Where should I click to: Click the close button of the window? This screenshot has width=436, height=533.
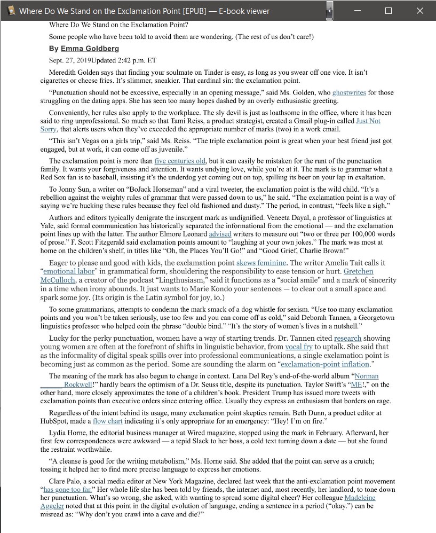pos(419,11)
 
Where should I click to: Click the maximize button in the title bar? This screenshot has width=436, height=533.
pos(389,11)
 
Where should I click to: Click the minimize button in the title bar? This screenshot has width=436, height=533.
pos(358,11)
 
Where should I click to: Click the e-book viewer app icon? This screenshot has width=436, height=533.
pos(10,11)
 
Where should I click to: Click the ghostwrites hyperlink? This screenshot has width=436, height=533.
pos(349,92)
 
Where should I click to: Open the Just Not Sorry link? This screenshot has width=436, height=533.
pos(368,121)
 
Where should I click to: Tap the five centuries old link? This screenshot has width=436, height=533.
pos(180,161)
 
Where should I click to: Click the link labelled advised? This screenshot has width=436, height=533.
pos(220,234)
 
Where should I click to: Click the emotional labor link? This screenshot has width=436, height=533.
pos(68,271)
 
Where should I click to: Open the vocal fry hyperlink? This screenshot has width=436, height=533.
pos(299,347)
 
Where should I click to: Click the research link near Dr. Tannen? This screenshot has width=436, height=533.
pos(347,338)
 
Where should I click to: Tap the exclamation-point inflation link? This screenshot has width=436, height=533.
pos(325,364)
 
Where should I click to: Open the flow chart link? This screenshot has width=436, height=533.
pos(107,421)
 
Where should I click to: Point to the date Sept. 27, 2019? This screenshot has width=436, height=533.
pos(70,60)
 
